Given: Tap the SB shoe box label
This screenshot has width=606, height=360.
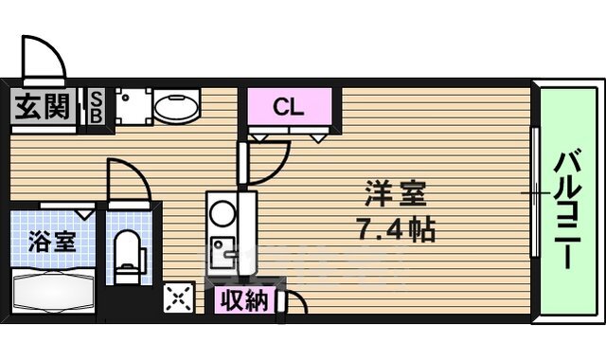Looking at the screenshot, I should click(98, 107).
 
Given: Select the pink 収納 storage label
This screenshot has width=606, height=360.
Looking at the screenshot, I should click(244, 301).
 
